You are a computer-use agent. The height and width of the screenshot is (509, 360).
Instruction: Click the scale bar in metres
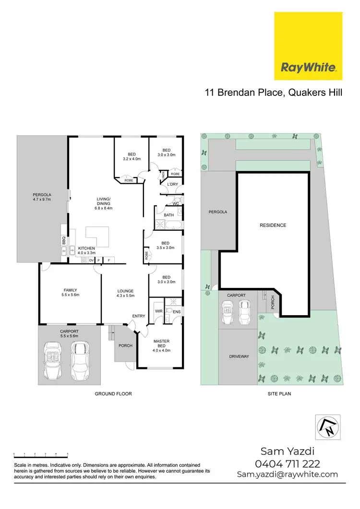(41, 453)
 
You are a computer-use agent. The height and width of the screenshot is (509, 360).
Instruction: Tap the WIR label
(158, 311)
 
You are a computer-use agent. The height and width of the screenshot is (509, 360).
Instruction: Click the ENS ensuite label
(177, 311)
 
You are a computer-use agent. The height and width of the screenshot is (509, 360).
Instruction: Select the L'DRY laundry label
(172, 184)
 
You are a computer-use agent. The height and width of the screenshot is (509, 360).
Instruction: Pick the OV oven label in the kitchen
(91, 260)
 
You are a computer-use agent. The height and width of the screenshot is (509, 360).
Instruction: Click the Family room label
(70, 290)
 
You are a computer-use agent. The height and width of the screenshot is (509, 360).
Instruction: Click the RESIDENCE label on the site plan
(273, 225)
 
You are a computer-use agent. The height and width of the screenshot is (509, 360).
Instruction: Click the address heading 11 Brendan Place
(273, 93)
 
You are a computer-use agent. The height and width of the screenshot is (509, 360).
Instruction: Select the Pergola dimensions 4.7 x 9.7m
(42, 199)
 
